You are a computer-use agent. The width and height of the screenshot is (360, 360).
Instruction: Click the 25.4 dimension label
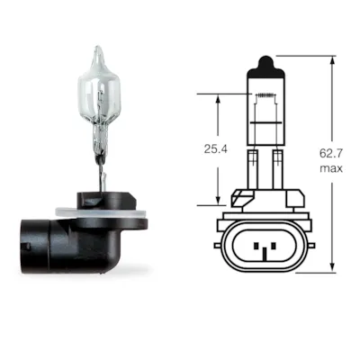[215, 149]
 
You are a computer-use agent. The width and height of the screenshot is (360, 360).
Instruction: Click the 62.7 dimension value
[331, 154]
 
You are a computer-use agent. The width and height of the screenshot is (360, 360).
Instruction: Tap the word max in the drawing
[331, 168]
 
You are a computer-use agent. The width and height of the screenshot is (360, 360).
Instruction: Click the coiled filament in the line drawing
[265, 95]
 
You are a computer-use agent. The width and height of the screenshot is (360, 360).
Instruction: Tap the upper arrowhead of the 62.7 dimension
[332, 61]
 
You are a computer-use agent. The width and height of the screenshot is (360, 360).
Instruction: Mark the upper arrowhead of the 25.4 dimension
[219, 99]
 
